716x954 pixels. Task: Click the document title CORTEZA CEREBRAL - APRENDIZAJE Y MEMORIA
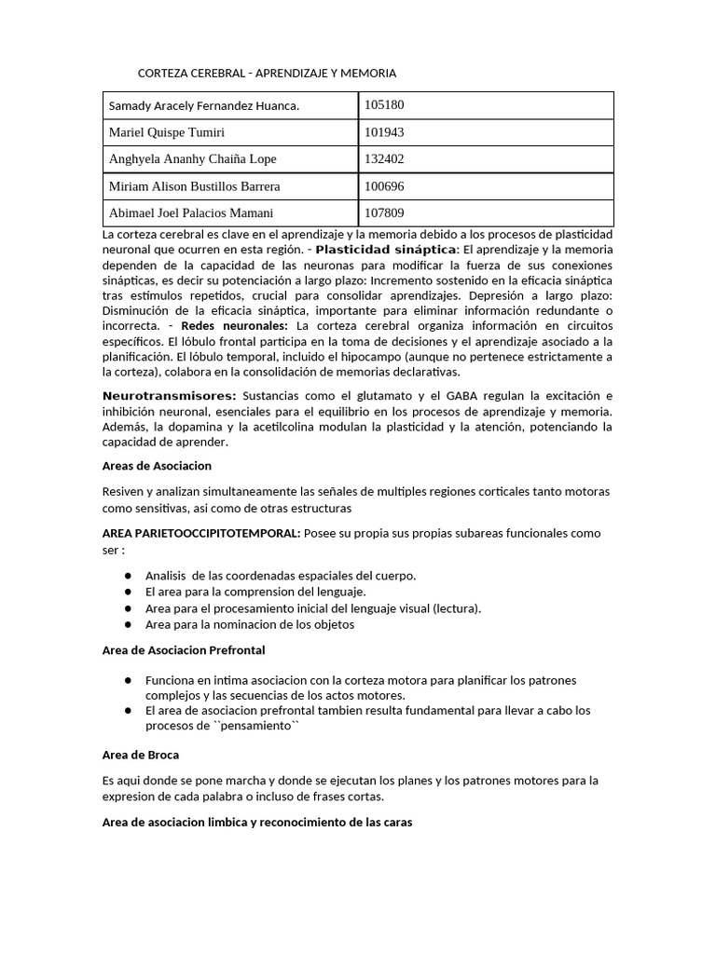tap(268, 73)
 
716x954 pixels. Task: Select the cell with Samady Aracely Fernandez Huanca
tap(204, 106)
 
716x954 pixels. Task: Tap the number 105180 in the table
tap(384, 105)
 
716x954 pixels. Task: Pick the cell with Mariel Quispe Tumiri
tap(167, 132)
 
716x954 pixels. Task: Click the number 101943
tap(384, 132)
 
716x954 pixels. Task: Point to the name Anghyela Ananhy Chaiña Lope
tap(193, 159)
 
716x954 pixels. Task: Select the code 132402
tap(384, 159)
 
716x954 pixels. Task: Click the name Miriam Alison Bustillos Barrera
tap(195, 186)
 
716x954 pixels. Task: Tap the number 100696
tap(384, 186)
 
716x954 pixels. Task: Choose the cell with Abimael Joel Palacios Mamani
tap(191, 213)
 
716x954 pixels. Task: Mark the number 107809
tap(384, 213)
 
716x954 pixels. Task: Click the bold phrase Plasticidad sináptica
tap(386, 251)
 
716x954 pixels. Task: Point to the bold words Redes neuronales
tap(234, 326)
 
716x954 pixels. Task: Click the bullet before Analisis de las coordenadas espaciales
tap(127, 576)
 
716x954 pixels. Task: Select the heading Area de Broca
tap(140, 755)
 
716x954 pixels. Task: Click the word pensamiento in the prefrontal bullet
tap(254, 726)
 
